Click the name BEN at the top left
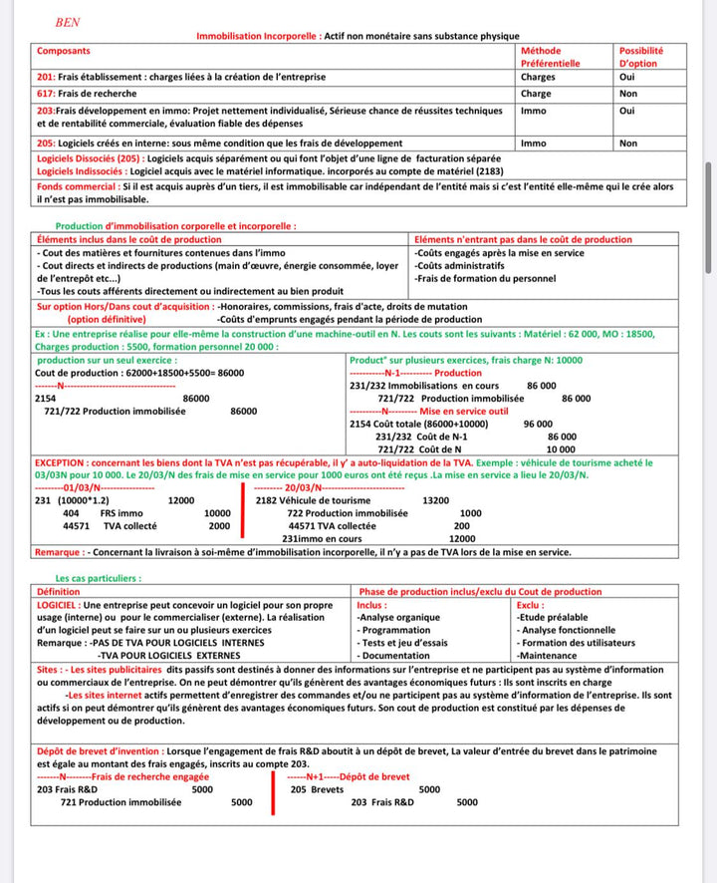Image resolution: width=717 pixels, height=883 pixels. pos(67,21)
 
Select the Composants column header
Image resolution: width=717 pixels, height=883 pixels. pos(63,50)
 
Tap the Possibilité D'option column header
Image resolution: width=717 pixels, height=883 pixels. pos(641,57)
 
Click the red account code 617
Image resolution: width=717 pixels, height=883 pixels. pos(46,94)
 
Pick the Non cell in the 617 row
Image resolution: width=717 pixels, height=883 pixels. pos(627,94)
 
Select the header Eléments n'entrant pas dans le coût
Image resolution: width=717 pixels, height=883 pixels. pos(523,239)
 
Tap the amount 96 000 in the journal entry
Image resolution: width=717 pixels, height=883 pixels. pos(537,424)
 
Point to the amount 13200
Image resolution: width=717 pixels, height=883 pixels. pos(436,500)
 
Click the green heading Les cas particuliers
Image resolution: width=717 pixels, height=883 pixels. pos(99,577)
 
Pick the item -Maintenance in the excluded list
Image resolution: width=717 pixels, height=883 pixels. pos(547,656)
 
